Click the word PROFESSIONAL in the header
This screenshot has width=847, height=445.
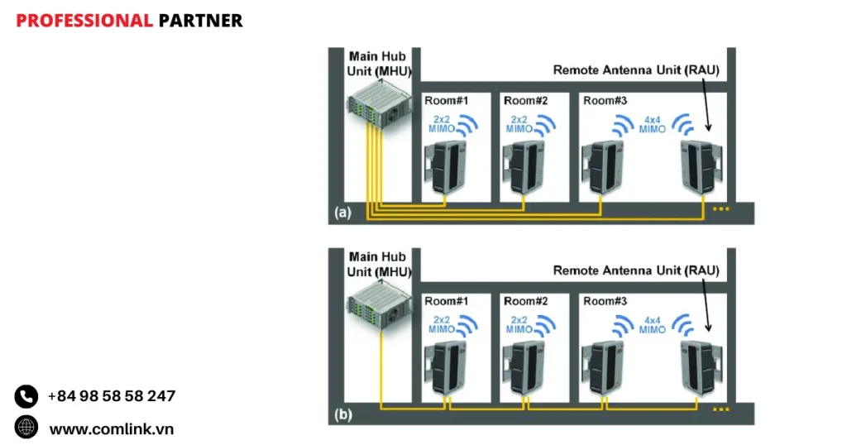(x=84, y=21)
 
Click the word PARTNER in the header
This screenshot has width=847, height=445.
(x=200, y=21)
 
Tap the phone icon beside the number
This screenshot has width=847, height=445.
(x=26, y=396)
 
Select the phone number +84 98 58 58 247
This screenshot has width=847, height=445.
(x=111, y=396)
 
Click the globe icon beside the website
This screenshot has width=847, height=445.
(x=26, y=428)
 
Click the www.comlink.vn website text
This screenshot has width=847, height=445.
(x=111, y=428)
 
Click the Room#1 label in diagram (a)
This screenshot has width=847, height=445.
(x=447, y=101)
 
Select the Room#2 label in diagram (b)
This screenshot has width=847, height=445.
(x=526, y=301)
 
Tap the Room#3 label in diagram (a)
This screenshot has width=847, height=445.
(x=605, y=101)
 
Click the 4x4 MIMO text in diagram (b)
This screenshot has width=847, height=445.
(x=652, y=324)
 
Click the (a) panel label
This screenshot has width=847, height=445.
(x=342, y=213)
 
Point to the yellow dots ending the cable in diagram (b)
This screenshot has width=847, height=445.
(x=721, y=409)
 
